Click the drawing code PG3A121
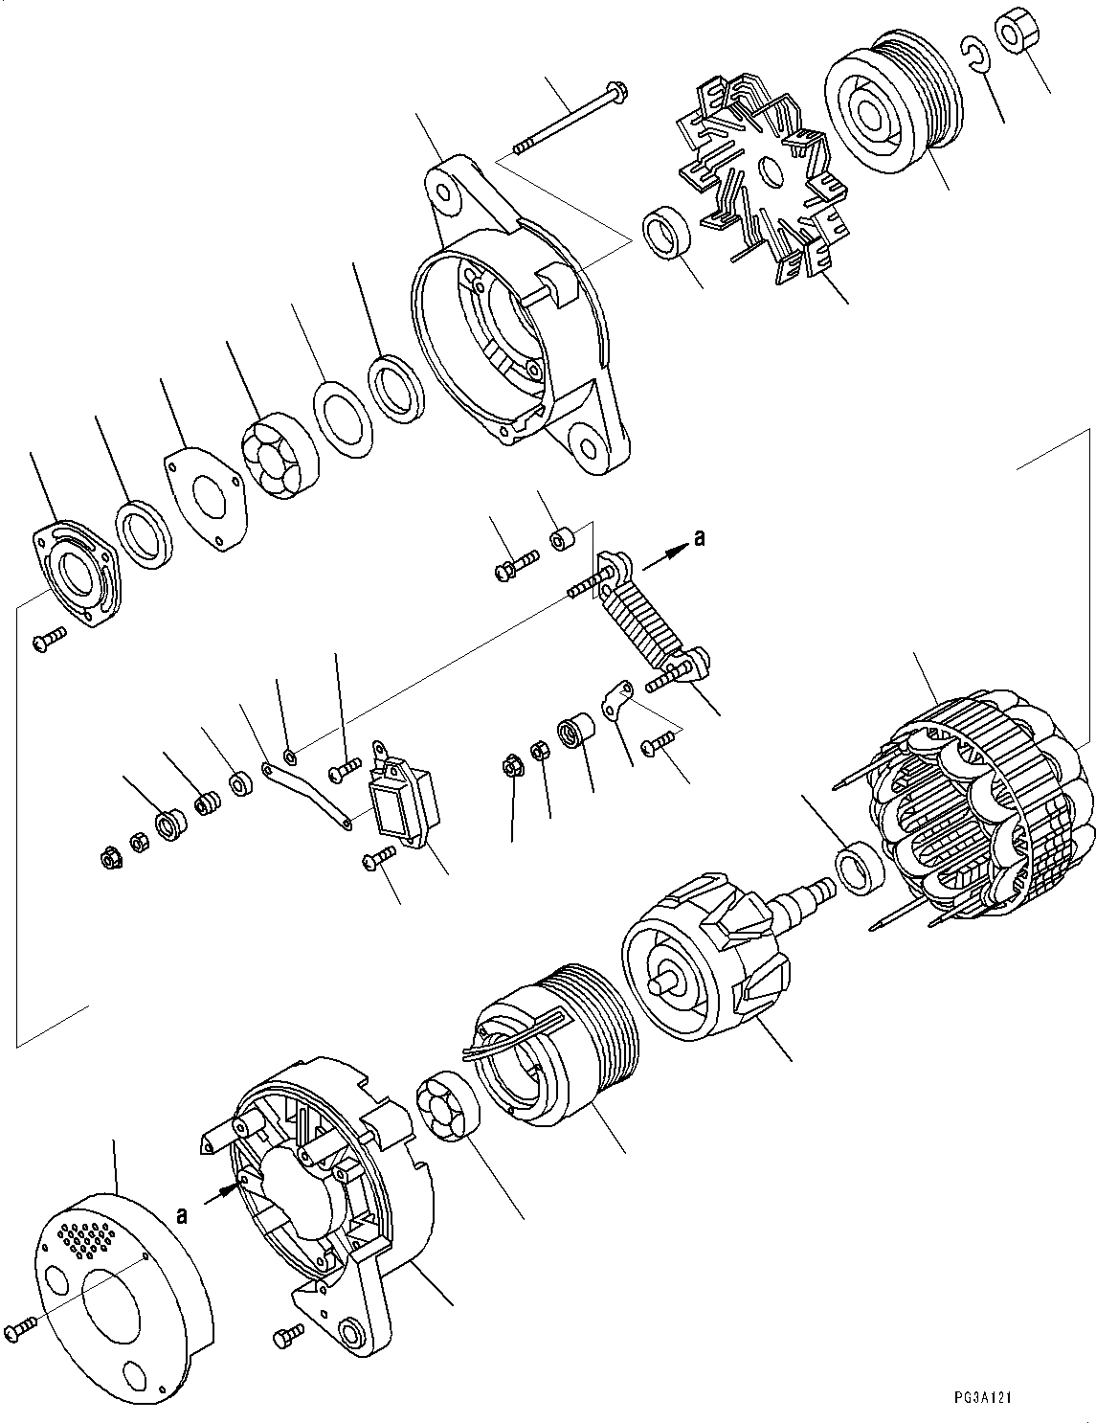(x=981, y=1397)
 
